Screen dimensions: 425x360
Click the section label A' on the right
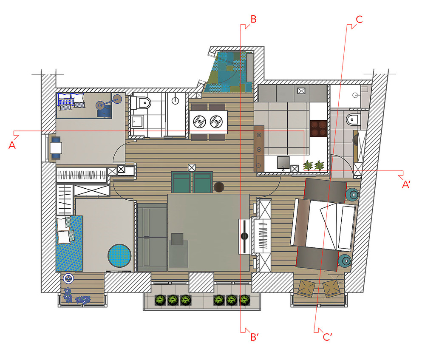[406, 184]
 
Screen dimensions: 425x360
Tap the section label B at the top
[253, 20]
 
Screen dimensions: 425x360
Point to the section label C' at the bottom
[327, 337]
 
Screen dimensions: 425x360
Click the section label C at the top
[359, 20]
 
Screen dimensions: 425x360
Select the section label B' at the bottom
[255, 337]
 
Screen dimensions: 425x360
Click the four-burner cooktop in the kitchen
[318, 128]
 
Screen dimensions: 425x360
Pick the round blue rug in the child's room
[119, 256]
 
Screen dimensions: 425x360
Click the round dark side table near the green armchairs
[219, 187]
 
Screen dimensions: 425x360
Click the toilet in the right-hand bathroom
[353, 119]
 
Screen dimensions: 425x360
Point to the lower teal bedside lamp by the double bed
[345, 261]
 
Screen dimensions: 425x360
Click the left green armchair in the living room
[181, 182]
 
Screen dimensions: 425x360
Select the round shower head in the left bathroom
[176, 101]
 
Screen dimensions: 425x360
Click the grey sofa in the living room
[152, 238]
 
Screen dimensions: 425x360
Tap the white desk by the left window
[56, 148]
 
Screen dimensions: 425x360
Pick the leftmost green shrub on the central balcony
[160, 300]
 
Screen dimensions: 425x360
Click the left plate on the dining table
[199, 122]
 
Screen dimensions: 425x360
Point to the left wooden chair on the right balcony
[306, 289]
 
